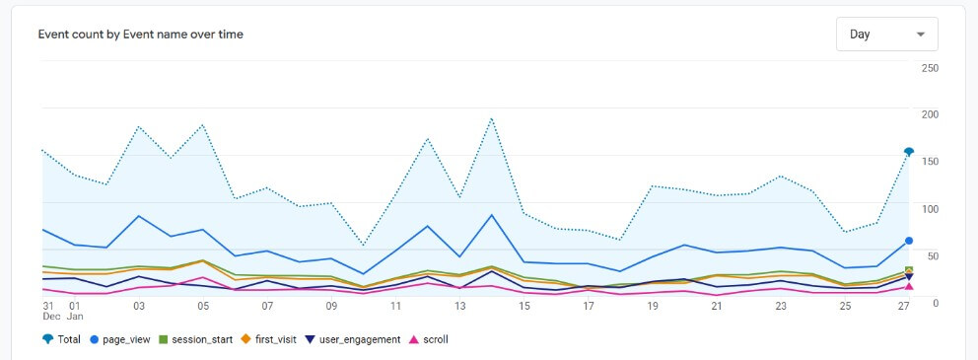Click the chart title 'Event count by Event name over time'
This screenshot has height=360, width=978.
click(x=140, y=35)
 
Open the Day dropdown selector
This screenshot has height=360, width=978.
click(x=886, y=35)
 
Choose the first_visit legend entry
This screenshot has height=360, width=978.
click(x=273, y=339)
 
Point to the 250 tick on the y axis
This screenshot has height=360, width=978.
click(x=930, y=67)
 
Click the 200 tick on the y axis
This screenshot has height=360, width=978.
click(x=930, y=114)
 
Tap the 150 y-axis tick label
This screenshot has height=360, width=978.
click(x=930, y=161)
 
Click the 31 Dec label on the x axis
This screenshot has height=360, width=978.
click(x=48, y=311)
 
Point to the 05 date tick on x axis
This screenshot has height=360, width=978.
click(x=203, y=306)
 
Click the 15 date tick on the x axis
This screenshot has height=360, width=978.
click(x=524, y=306)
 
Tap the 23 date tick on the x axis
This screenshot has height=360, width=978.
click(x=781, y=306)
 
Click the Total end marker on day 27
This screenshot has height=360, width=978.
click(x=909, y=152)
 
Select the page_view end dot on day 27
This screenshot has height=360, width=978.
click(x=909, y=240)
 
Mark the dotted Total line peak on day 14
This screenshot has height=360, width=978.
click(x=491, y=118)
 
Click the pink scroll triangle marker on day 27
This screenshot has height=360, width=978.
click(x=909, y=287)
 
